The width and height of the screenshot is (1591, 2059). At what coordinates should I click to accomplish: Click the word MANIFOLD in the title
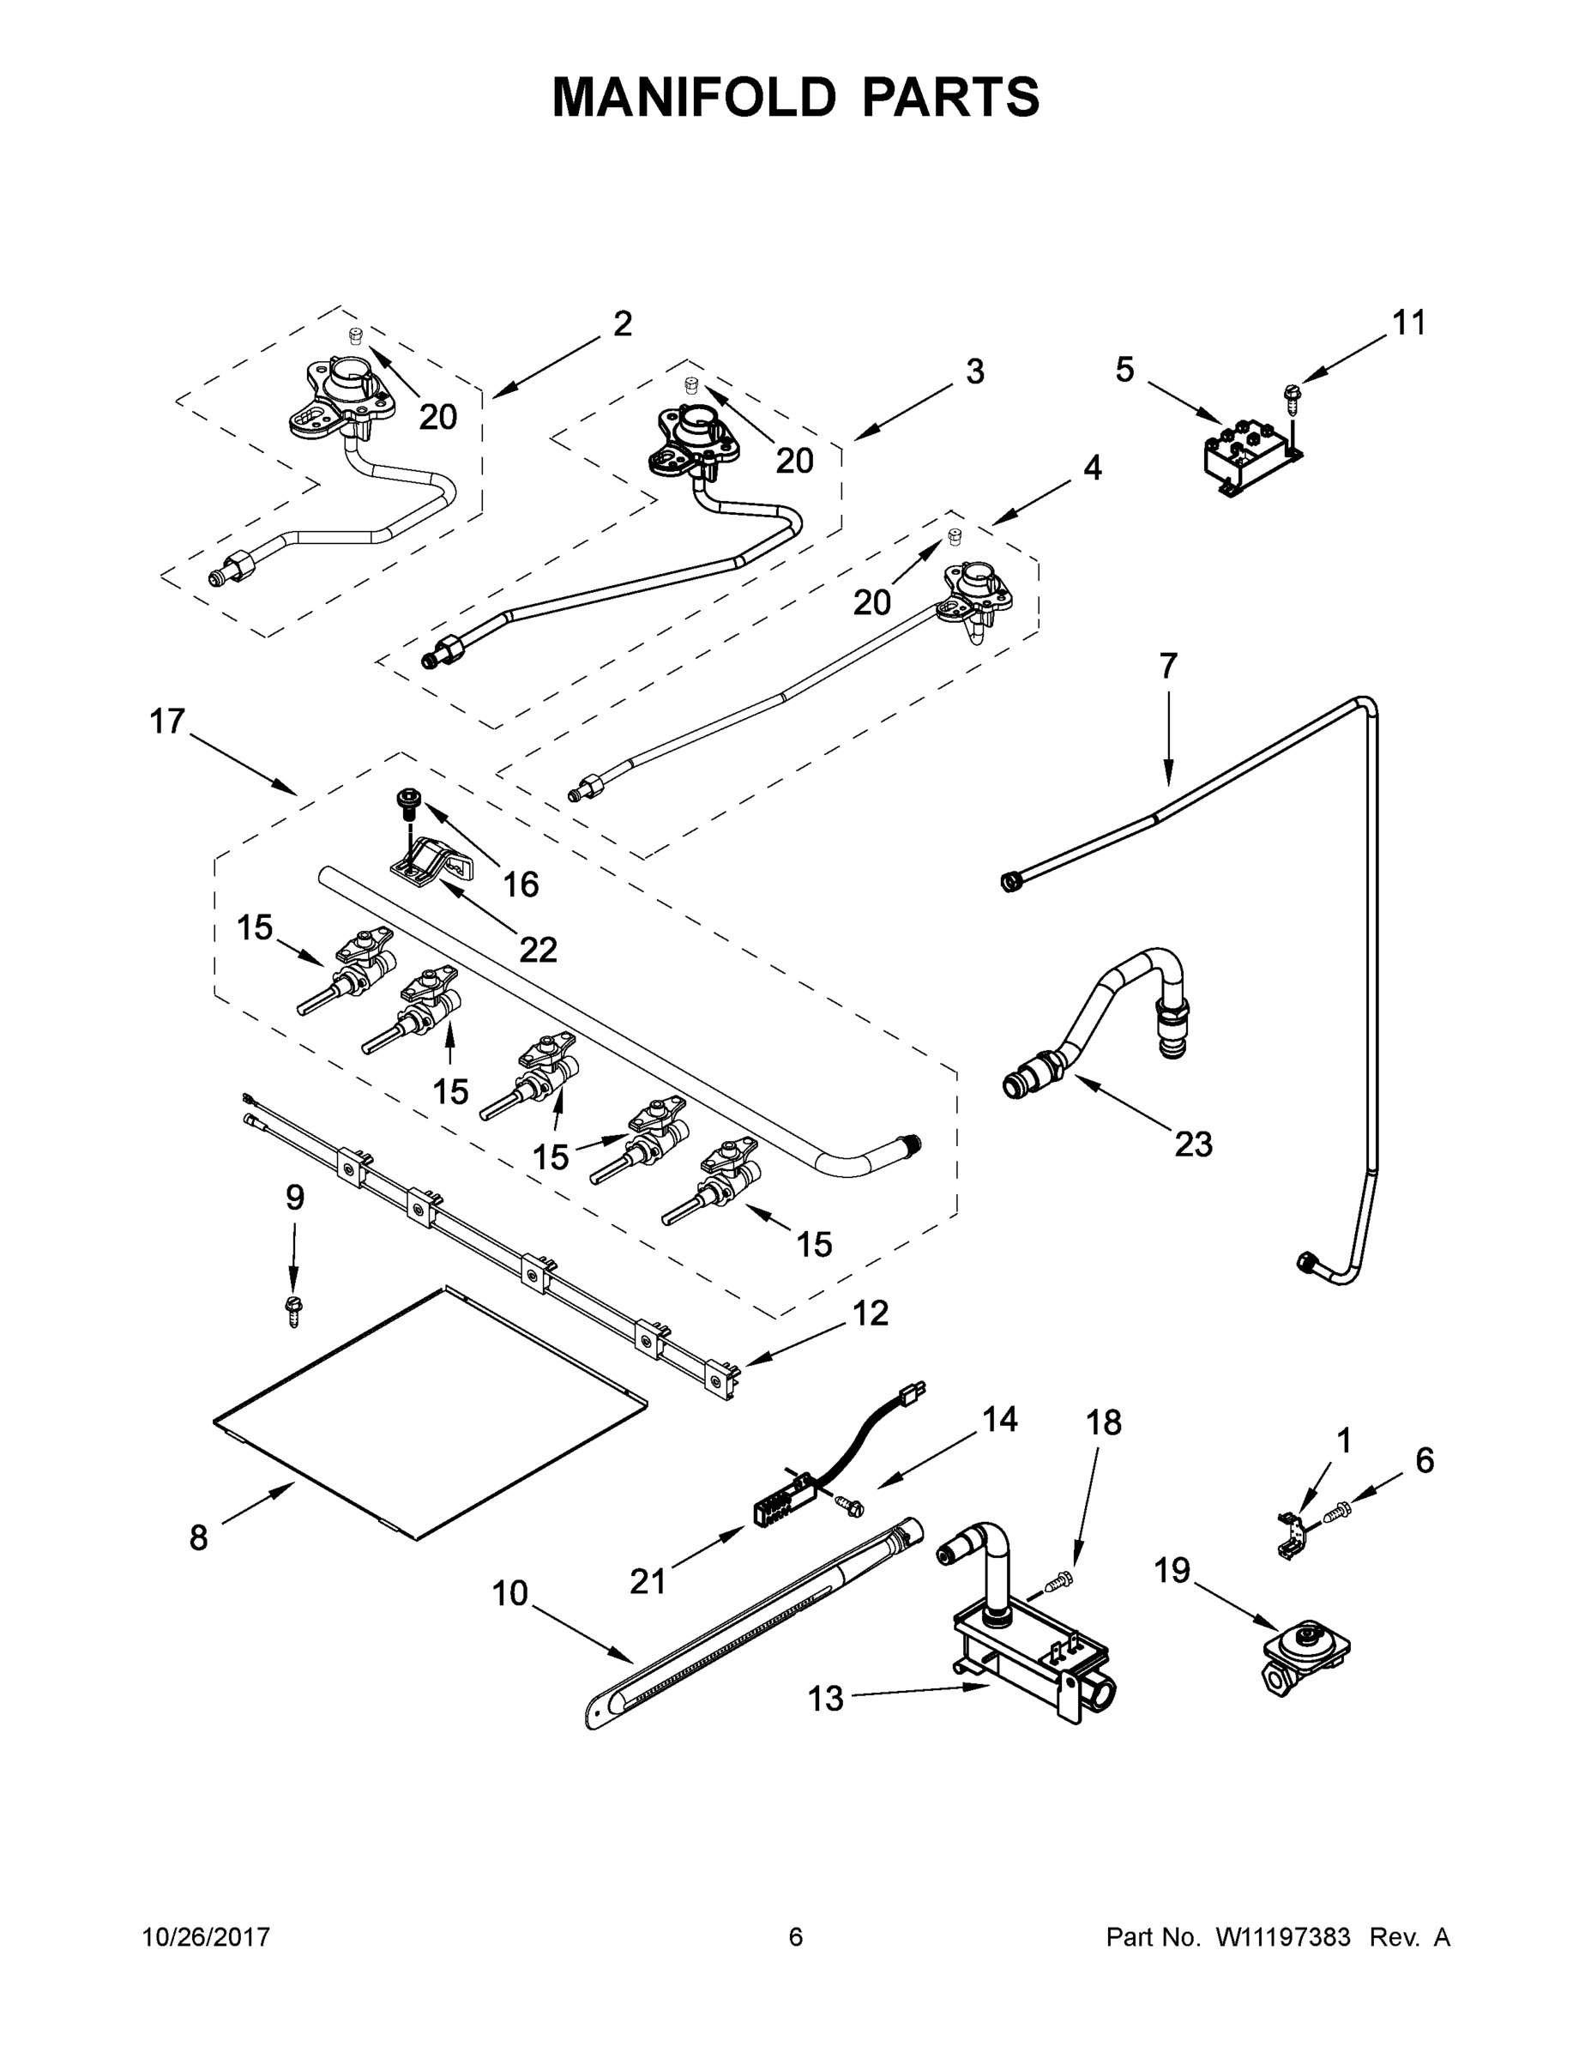coord(694,97)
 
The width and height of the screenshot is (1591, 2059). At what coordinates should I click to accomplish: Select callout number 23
coord(1192,1145)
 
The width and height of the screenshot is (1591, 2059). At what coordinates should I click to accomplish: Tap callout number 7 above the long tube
coord(1168,667)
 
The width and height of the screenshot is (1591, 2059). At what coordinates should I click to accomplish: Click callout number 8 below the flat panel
coord(198,1538)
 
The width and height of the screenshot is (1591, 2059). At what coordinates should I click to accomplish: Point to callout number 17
coord(168,722)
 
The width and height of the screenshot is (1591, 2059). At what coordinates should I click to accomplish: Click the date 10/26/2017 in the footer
coord(207,1937)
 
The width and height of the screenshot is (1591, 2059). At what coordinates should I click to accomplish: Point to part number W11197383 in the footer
coord(1283,1937)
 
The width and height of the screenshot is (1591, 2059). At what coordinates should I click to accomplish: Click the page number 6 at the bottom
coord(796,1937)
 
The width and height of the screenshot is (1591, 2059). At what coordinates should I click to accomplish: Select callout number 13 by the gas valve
coord(826,1700)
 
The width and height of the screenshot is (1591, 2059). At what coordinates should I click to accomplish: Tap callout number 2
coord(622,325)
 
